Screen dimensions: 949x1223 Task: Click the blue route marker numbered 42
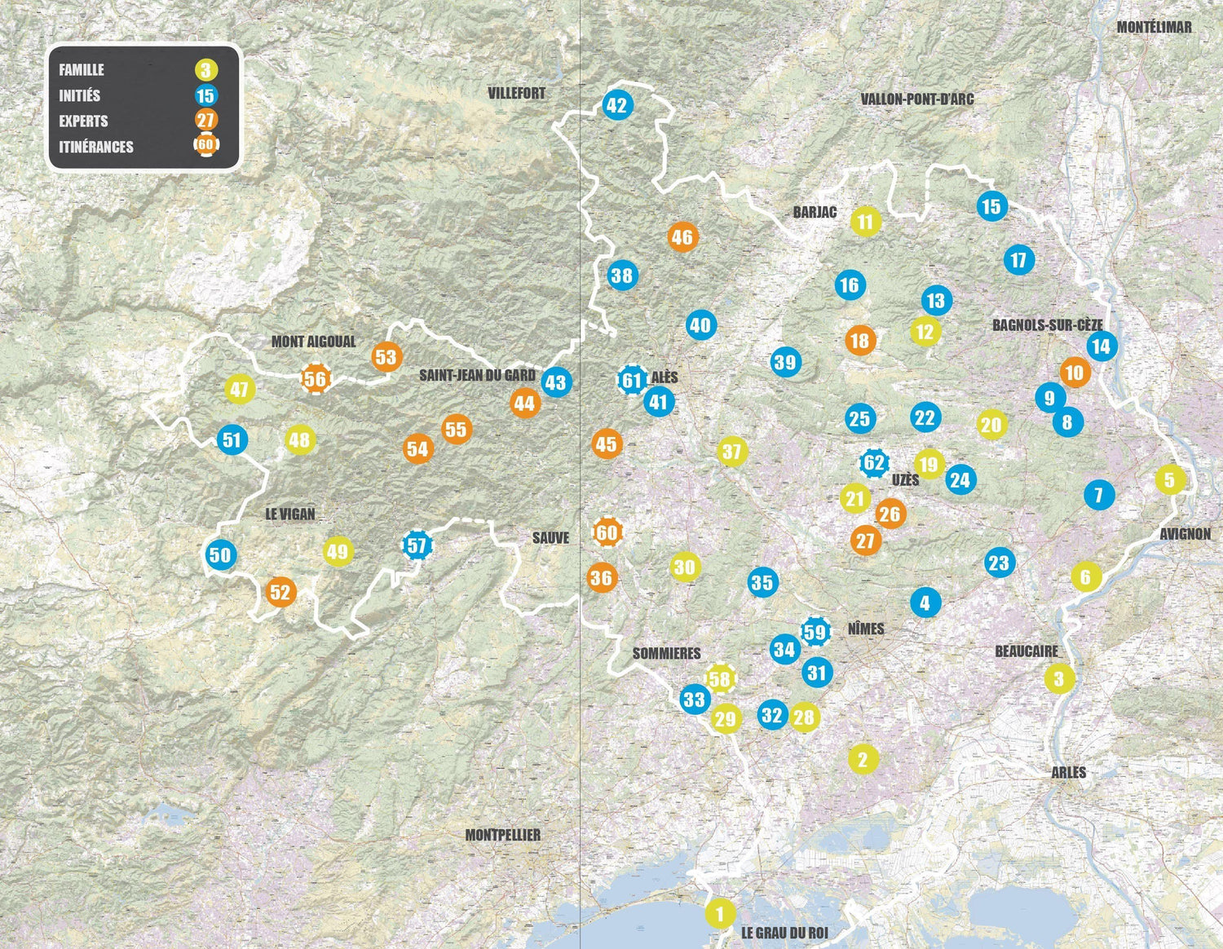616,105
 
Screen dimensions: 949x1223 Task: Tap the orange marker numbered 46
682,237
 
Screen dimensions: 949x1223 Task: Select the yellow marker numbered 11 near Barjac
865,221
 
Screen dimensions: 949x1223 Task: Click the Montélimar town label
1154,27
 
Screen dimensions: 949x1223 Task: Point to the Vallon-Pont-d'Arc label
917,99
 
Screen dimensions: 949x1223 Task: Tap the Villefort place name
516,93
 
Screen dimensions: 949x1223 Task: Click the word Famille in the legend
82,70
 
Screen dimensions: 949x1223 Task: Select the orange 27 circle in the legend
205,121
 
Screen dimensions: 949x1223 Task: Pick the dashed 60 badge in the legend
205,146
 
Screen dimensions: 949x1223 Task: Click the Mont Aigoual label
313,342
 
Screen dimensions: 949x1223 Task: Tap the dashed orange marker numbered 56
315,378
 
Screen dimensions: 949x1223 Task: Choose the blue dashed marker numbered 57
417,545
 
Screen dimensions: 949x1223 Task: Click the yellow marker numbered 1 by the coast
719,913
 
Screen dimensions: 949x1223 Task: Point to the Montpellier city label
502,835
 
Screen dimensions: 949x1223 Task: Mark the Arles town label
1068,772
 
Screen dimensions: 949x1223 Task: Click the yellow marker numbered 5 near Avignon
1169,479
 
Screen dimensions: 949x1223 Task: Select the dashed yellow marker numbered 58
719,678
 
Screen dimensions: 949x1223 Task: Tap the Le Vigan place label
290,514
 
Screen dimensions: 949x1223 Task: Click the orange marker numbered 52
280,592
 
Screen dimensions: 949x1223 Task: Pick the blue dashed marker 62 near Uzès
874,463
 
